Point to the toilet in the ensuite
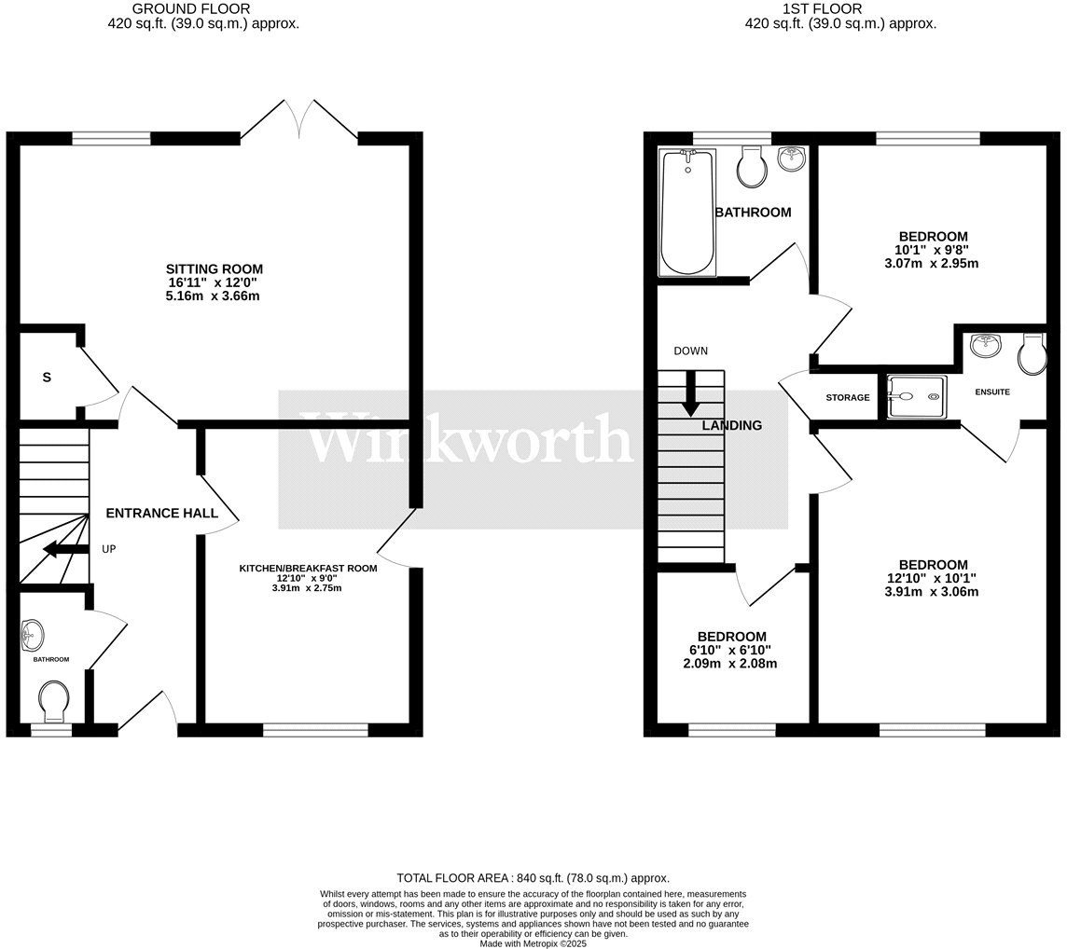1032,354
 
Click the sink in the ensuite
985,347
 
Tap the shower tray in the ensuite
916,396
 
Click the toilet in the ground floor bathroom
53,700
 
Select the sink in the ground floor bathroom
31,635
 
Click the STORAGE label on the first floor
847,398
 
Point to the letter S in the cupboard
45,378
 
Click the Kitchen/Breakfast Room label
308,568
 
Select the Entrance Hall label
162,513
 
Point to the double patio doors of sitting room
300,121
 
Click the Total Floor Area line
533,878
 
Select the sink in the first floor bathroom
790,160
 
